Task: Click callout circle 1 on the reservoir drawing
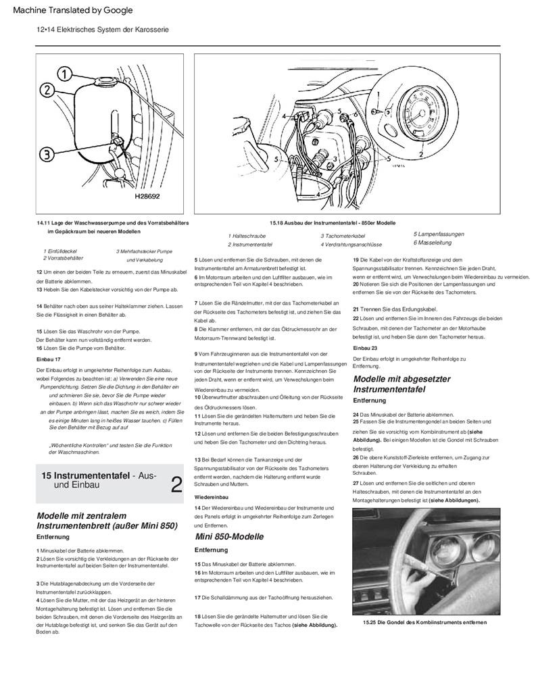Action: click(x=63, y=72)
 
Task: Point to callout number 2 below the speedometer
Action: click(x=420, y=154)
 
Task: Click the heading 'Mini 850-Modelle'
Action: click(x=229, y=536)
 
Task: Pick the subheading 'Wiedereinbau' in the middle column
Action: click(x=210, y=496)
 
